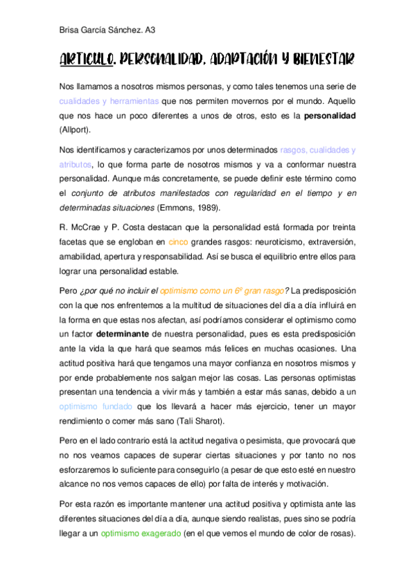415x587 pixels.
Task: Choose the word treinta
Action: coord(342,228)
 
